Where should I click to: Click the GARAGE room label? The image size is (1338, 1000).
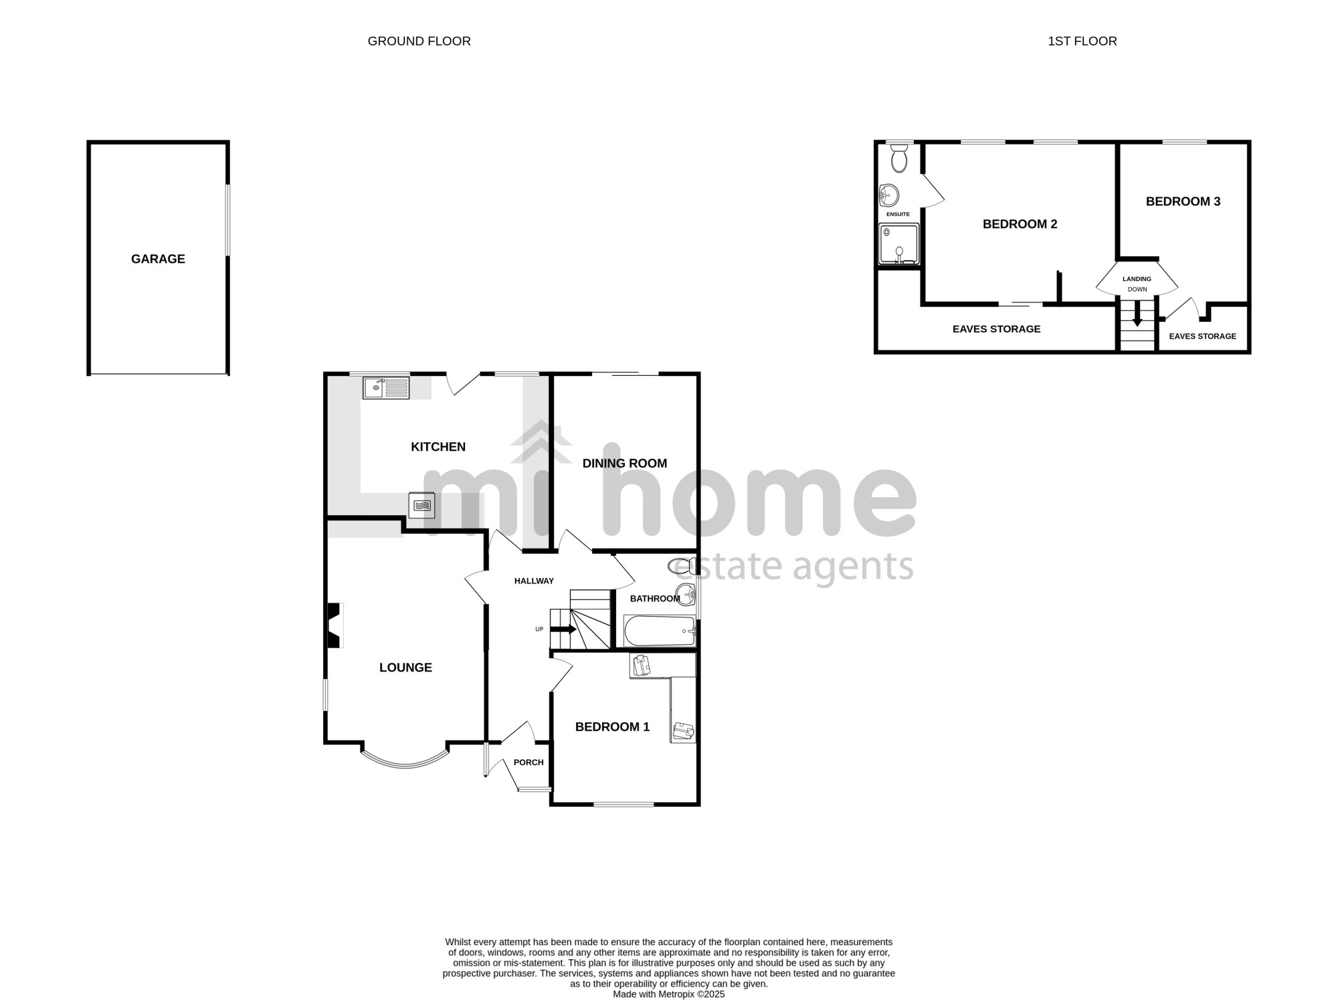point(158,259)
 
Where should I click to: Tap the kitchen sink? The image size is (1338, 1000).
point(386,388)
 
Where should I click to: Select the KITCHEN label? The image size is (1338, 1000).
point(438,447)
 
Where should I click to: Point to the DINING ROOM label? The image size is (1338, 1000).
point(625,464)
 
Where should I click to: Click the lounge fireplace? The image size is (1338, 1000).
point(334,625)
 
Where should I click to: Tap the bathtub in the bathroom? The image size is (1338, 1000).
point(660,631)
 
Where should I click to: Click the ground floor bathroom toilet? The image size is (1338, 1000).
point(682,566)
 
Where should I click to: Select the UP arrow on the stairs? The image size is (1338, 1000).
point(563,629)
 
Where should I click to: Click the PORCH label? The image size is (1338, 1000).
point(529,763)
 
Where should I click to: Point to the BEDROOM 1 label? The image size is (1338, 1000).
point(612,727)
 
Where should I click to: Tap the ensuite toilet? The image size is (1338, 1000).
point(899,158)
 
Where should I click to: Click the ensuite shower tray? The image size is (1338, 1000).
point(899,243)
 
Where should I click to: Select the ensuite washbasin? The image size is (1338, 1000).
point(888,196)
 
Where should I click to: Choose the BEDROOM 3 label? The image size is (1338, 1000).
point(1183,201)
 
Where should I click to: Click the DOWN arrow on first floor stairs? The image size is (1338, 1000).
point(1137,314)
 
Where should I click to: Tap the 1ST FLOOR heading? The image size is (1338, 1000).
point(1082,41)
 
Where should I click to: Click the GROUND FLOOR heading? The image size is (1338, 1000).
point(419,41)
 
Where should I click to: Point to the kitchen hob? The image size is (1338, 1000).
point(422,505)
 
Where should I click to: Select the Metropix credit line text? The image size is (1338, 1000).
point(669,994)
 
